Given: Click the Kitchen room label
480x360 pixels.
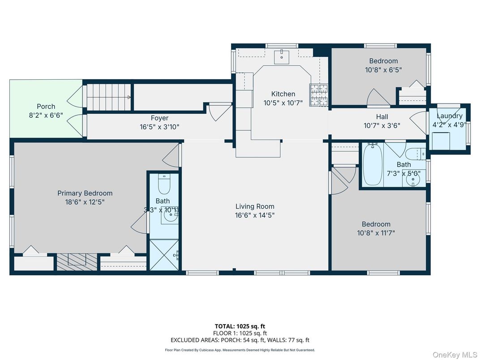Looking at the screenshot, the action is coord(283,94).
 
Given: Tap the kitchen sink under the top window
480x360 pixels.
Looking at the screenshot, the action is coord(282,56).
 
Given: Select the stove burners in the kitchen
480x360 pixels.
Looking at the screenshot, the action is coord(319,95).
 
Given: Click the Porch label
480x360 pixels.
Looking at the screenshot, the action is coord(46,107).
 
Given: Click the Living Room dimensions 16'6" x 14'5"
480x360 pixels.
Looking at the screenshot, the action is coord(255,215).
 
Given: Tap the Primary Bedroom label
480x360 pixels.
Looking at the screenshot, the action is coord(85,193).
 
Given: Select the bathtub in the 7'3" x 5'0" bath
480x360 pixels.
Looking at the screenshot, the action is coord(373,164).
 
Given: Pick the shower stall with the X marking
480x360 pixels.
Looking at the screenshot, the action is coord(164,255).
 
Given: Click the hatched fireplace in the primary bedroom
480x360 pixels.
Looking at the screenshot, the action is coord(77,262).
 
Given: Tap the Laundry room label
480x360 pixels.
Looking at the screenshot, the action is coord(450,116).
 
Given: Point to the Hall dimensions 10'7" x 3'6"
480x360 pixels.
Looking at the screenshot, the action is coord(382,125).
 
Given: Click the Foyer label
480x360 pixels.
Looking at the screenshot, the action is coord(159,118).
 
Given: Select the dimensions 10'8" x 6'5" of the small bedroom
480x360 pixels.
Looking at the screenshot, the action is coord(383,70).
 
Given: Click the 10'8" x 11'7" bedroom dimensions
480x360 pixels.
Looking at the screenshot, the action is coord(376,233).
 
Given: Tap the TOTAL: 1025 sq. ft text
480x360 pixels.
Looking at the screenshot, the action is coord(240,326).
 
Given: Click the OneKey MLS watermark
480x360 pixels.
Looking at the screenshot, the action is coord(454,355).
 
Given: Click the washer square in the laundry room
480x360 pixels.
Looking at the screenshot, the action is coord(441,141).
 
